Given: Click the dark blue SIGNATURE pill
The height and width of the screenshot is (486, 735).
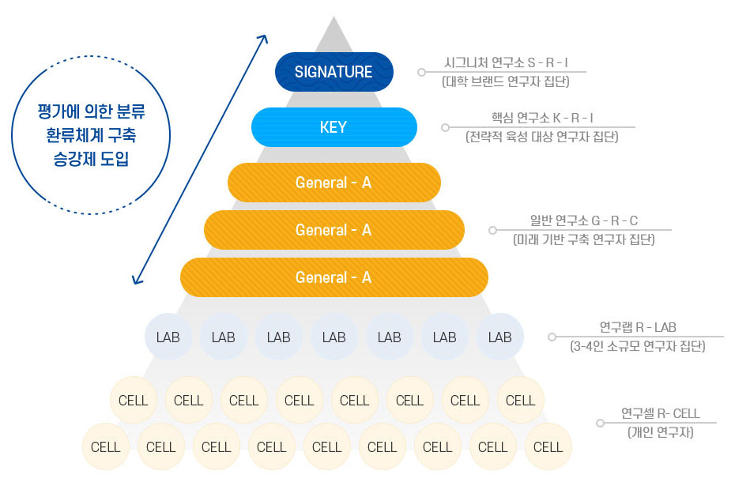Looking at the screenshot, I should coord(334,72).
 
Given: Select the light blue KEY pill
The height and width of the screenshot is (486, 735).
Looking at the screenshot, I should coord(334,127).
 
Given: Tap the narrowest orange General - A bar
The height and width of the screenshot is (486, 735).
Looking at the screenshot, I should coord(334,183).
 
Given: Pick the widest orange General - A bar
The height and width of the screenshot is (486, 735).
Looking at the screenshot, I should coord(334,277).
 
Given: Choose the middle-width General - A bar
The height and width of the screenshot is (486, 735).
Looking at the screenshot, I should coord(334,230).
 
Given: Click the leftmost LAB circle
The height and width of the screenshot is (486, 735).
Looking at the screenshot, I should coord(168,337).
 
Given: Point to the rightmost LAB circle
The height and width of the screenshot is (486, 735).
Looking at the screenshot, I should coord(499,337).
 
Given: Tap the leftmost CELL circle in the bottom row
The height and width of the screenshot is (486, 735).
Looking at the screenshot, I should coord(106,447).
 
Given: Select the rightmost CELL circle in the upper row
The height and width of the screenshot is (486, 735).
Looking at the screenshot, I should coord(520,401).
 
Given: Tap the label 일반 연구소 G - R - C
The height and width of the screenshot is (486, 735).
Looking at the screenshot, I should coord(584,220).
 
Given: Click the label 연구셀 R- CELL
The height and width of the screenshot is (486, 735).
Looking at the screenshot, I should coord(660,413).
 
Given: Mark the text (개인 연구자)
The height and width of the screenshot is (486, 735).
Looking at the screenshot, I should coord(660,432).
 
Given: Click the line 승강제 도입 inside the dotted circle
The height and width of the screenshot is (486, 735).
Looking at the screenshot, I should coord(92,157).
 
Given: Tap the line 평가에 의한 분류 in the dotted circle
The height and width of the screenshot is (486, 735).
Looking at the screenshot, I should coord(92,112).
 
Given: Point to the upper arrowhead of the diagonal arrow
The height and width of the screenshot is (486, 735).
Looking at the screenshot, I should coord(265,37).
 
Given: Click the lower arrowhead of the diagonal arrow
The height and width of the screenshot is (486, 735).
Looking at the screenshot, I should coord(136,280).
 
